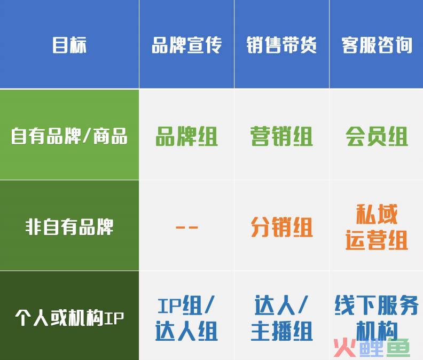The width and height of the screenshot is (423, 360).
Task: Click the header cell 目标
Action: (69, 45)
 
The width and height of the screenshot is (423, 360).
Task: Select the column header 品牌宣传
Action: (186, 45)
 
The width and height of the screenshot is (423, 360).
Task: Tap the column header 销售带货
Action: (281, 45)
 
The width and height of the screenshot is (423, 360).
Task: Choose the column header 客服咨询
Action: (377, 45)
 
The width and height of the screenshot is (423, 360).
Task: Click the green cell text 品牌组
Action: (186, 137)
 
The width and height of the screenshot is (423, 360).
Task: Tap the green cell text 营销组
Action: (281, 137)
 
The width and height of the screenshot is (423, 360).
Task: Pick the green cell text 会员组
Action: (377, 137)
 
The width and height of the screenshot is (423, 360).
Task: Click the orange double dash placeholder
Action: (186, 228)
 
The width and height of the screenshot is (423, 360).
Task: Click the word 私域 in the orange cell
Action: (377, 215)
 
